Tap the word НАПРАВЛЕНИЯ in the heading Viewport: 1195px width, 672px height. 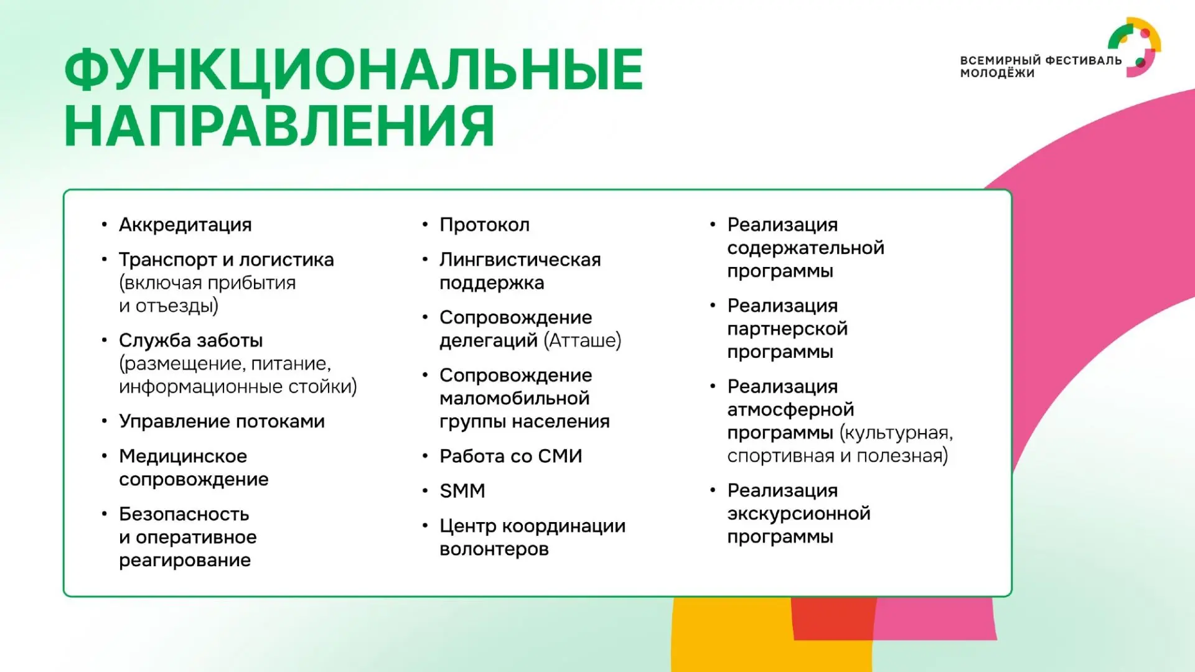coord(279,126)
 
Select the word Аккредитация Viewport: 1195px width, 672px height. coord(185,225)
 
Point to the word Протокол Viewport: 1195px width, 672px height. coord(484,225)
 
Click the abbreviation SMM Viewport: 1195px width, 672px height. coord(462,491)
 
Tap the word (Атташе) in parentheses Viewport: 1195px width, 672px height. coord(583,340)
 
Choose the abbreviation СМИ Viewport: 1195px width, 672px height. coord(560,456)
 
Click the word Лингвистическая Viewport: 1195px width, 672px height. coord(520,259)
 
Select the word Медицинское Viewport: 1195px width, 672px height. coord(183,456)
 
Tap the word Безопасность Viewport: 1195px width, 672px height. coord(184,514)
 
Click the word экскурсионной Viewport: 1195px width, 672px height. coord(799,514)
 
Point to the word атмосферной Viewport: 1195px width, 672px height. coord(790,409)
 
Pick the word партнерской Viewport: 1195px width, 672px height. coord(787,329)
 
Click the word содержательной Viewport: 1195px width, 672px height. coord(806,248)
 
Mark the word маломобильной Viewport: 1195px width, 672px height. coord(514,398)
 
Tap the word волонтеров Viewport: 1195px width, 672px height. coord(494,549)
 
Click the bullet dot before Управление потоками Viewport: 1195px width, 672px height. coord(105,421)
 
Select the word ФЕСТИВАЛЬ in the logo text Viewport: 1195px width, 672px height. coord(1084,60)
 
